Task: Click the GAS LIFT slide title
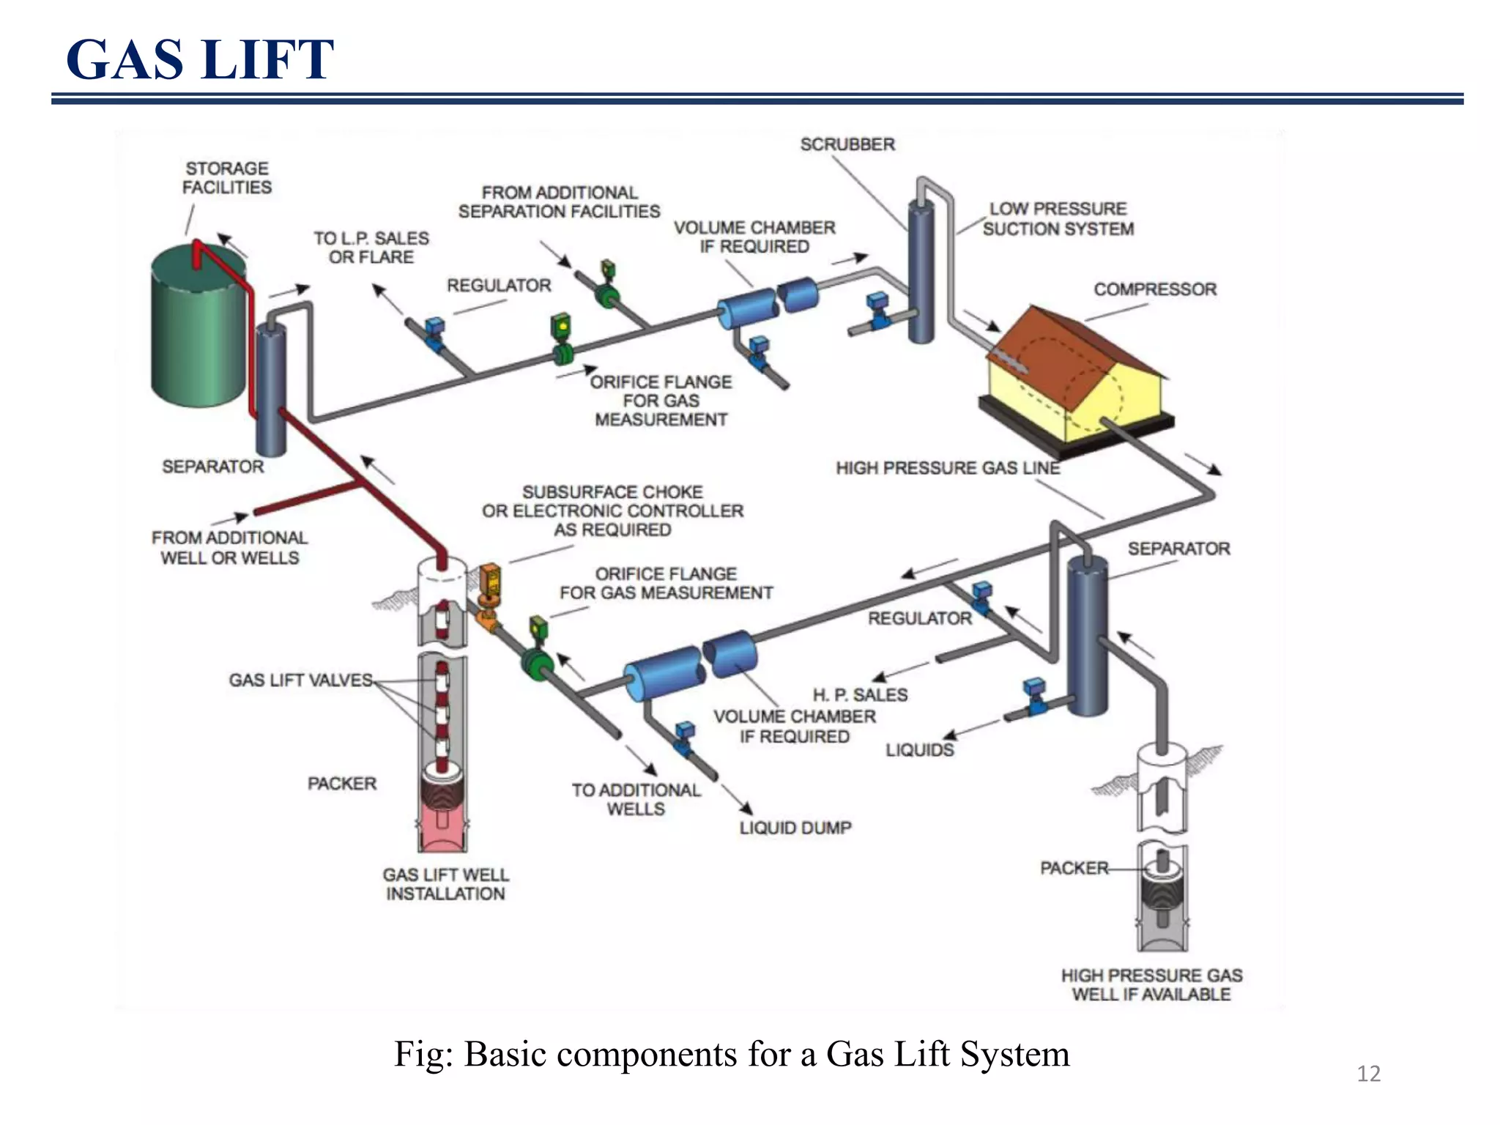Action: [199, 59]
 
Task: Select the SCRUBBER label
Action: [847, 144]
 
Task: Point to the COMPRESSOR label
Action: [1155, 289]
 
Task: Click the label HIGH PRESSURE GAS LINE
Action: [948, 468]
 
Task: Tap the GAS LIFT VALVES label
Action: [300, 680]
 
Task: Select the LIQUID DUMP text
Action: [795, 828]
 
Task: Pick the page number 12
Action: [1368, 1074]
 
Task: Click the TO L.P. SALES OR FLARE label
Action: [371, 248]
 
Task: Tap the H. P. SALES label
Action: [860, 694]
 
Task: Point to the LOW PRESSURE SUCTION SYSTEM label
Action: [1058, 219]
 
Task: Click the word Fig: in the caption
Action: [424, 1055]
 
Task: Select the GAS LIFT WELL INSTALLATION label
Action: [445, 884]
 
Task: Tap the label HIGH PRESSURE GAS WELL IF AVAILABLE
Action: [1151, 985]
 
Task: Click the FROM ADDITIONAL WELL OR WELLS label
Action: [230, 548]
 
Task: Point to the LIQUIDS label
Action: [920, 750]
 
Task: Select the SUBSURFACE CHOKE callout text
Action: [612, 510]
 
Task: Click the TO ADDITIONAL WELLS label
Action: [636, 799]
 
